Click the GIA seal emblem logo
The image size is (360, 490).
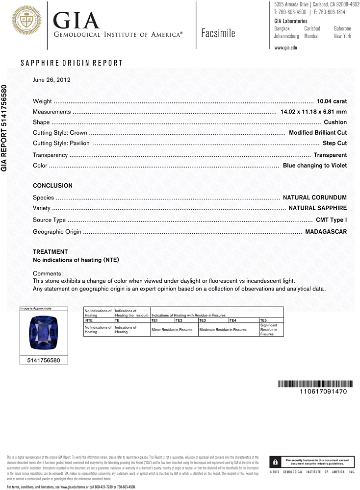coord(26,21)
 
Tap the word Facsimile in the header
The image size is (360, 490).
coord(218,33)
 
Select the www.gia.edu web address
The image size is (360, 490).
coord(285,48)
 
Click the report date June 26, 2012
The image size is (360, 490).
coord(51,79)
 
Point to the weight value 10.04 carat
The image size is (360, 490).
coord(332,101)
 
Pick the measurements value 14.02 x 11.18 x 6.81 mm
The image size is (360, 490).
coord(313,112)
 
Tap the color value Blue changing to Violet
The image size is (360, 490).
coord(314,166)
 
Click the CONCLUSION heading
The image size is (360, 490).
coord(52,186)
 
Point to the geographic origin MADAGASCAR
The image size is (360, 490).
coord(326,231)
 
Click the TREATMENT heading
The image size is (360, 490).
coord(50,252)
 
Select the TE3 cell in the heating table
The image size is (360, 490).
coord(203,320)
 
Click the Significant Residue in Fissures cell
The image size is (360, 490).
coord(271,330)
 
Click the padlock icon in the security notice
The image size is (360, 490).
coord(276,462)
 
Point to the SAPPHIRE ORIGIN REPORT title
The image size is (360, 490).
coord(72,63)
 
